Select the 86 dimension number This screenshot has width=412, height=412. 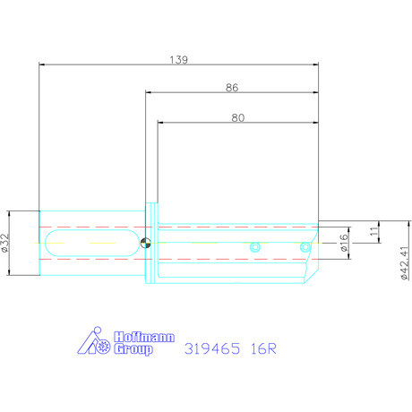click(231, 87)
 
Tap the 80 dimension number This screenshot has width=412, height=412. click(237, 116)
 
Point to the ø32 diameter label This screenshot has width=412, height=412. click(6, 243)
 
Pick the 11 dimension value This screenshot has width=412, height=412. click(373, 232)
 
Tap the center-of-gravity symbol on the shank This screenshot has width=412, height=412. click(146, 240)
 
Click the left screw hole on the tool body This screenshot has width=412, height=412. click(255, 246)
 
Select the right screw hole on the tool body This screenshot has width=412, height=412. click(305, 246)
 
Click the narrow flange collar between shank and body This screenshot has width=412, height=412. click(153, 243)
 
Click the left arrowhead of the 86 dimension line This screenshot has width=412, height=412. click(150, 93)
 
